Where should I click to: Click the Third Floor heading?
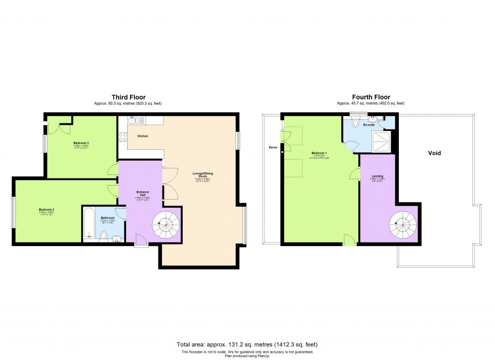click(129, 97)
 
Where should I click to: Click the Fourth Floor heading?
click(370, 97)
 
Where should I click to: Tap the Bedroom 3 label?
click(81, 143)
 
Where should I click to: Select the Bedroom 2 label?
click(46, 210)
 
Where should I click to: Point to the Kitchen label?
click(143, 136)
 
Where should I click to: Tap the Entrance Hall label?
click(143, 193)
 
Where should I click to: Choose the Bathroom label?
click(107, 218)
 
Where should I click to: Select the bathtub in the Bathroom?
click(89, 224)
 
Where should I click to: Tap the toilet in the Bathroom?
click(103, 235)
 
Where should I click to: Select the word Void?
click(434, 153)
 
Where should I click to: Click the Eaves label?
click(273, 147)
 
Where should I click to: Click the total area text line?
click(247, 345)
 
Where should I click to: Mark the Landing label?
click(378, 176)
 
